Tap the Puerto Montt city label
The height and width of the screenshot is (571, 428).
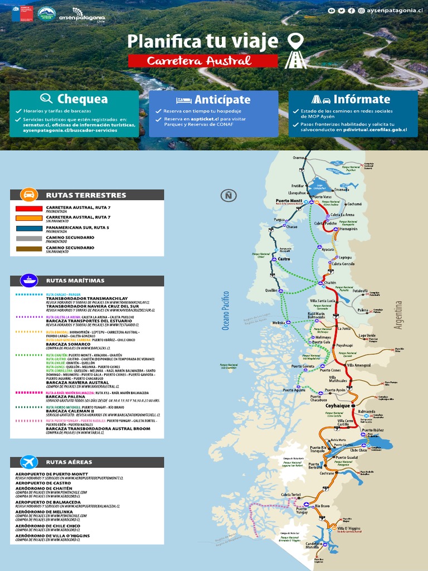pyautogui.click(x=289, y=201)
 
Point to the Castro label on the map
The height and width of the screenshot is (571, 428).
pyautogui.click(x=284, y=259)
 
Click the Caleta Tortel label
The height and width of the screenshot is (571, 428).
pyautogui.click(x=291, y=495)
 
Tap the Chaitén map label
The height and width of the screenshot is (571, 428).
pyautogui.click(x=330, y=283)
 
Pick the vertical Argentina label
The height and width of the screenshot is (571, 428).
pyautogui.click(x=398, y=315)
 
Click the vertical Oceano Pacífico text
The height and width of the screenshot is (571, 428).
pyautogui.click(x=226, y=310)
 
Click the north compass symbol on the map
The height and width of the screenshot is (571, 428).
pyautogui.click(x=228, y=195)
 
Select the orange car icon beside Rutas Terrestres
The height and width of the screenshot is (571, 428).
pyautogui.click(x=29, y=195)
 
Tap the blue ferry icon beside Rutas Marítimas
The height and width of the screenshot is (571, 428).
pyautogui.click(x=29, y=280)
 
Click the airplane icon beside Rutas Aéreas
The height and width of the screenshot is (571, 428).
pyautogui.click(x=29, y=462)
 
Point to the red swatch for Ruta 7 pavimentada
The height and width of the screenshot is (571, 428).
pyautogui.click(x=29, y=209)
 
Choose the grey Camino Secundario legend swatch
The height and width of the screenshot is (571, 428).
pyautogui.click(x=29, y=238)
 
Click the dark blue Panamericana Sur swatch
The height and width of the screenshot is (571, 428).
pyautogui.click(x=29, y=228)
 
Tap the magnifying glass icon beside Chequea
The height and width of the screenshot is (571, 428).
pyautogui.click(x=46, y=99)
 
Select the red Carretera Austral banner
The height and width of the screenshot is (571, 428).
pyautogui.click(x=203, y=61)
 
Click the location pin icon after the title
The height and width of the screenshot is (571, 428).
pyautogui.click(x=295, y=42)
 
